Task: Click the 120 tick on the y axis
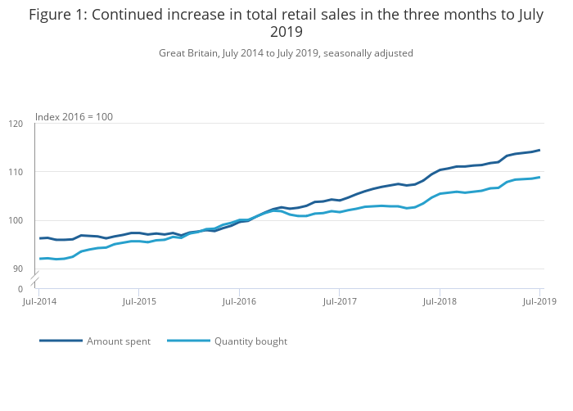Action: point(16,124)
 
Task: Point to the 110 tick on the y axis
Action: point(16,172)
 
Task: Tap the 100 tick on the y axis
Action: point(16,220)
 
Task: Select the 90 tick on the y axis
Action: point(18,269)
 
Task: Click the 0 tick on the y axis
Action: point(20,289)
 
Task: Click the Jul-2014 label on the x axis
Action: point(38,302)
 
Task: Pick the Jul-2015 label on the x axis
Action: point(139,302)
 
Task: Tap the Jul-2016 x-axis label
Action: point(239,302)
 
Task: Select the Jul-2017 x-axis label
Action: point(340,302)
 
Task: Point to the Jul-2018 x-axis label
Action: point(440,302)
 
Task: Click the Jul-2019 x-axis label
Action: point(539,302)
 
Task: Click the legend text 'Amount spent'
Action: point(119,341)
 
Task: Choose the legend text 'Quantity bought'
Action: point(250,341)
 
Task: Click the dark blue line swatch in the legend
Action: point(61,341)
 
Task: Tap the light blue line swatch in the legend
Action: point(189,341)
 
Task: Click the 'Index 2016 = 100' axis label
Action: point(74,117)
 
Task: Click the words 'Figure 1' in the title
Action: point(55,15)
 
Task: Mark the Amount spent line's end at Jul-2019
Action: point(539,150)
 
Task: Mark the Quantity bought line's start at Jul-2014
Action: point(39,259)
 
